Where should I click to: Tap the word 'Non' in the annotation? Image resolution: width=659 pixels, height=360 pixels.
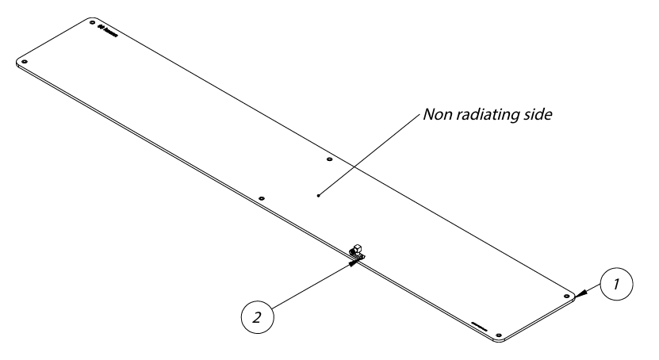pos(437,114)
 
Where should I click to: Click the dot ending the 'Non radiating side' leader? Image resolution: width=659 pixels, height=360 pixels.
pos(318,194)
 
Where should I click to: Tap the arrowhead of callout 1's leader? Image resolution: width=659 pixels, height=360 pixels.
pos(580,294)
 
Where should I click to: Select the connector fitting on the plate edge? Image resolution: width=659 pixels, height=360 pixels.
pos(358,252)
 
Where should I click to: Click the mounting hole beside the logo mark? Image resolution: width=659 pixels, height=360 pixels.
pos(92,25)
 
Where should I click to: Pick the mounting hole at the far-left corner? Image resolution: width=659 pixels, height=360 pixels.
pos(25,60)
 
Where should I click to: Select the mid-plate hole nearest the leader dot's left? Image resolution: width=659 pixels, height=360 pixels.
pos(262,197)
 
